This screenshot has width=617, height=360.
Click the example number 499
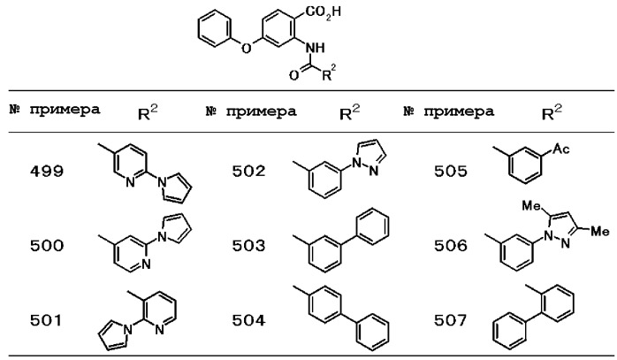(x=47, y=172)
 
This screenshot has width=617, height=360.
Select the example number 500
(x=47, y=246)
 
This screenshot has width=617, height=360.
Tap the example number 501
(x=46, y=320)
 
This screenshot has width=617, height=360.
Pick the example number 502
(x=248, y=172)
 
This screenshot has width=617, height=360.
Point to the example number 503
(x=248, y=246)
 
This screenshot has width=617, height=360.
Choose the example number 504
(x=248, y=320)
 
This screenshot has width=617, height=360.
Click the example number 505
(x=451, y=172)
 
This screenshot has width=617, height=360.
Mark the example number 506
(x=451, y=246)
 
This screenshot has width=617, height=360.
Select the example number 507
(x=451, y=320)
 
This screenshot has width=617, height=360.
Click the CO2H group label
(x=323, y=12)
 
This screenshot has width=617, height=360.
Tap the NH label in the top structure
(x=316, y=48)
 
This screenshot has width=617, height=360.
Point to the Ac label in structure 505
(x=561, y=149)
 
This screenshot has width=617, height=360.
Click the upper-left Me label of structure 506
(x=531, y=205)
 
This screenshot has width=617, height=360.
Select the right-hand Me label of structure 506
(x=600, y=231)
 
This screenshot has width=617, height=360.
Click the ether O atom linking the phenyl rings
(x=246, y=49)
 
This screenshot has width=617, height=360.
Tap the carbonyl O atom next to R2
(x=294, y=75)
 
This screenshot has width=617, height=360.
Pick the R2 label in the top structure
(x=329, y=73)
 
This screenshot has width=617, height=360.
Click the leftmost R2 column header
(x=148, y=111)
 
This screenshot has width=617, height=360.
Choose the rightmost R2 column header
(x=552, y=111)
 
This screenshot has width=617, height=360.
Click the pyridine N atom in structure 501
(x=159, y=329)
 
